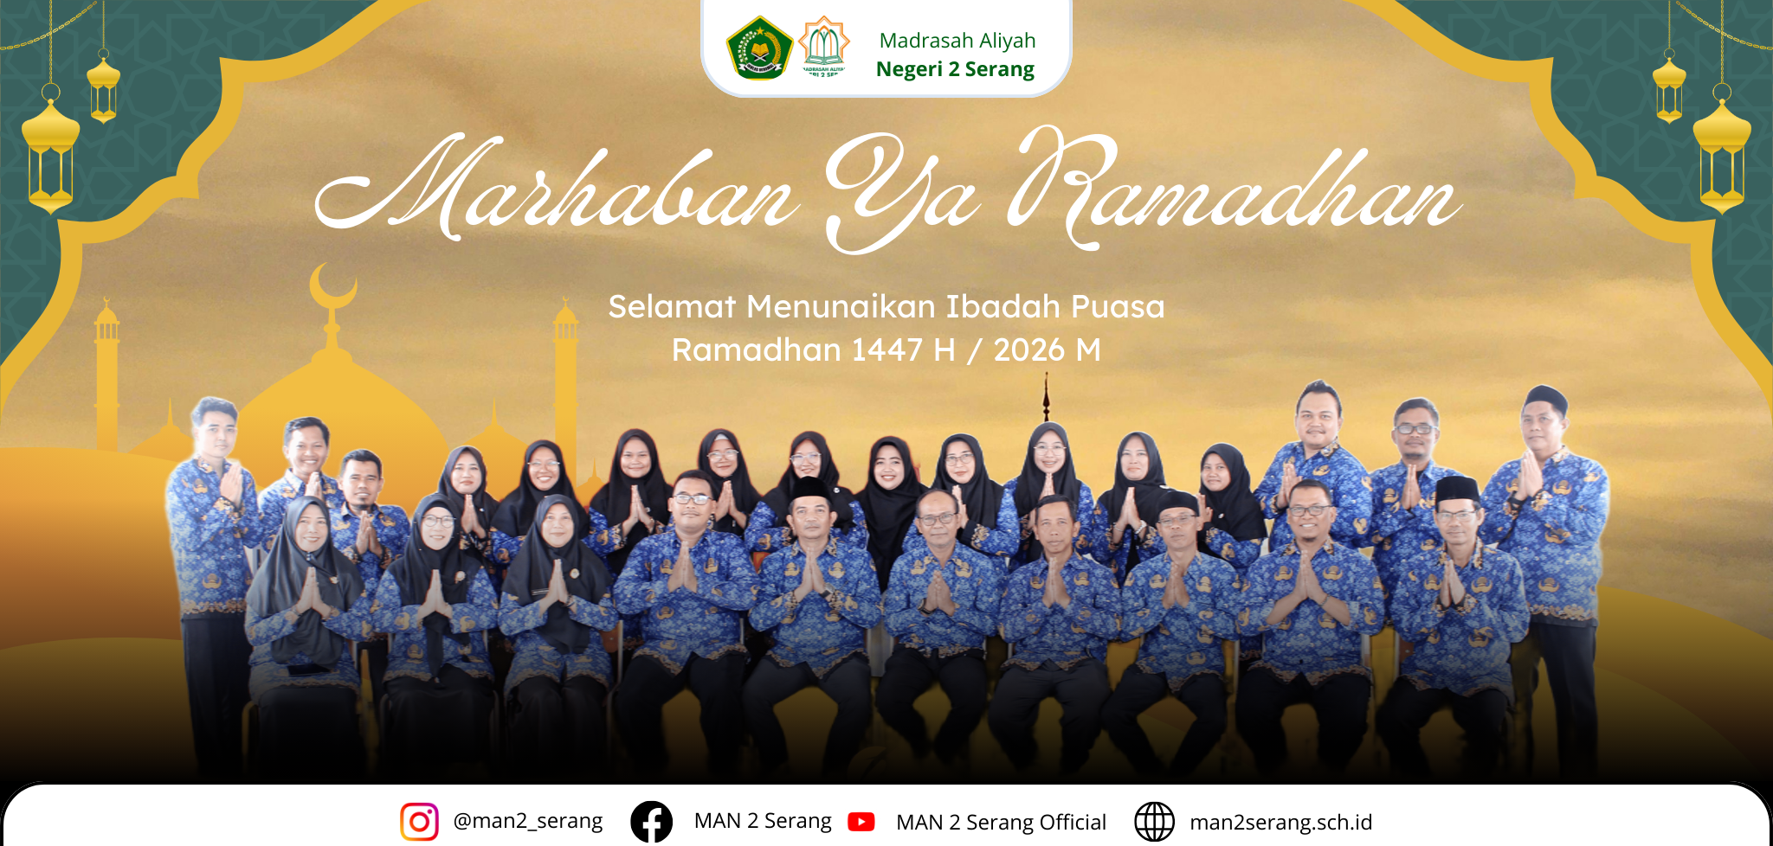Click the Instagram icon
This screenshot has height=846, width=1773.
(x=419, y=821)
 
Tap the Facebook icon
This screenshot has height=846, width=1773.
(x=651, y=821)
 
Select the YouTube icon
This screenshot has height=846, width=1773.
(x=861, y=822)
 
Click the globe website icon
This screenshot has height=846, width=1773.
(x=1154, y=822)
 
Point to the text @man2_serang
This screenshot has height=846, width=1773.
(x=527, y=821)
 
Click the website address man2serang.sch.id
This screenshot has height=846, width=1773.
(x=1280, y=822)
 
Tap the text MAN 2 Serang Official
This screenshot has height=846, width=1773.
(x=1001, y=822)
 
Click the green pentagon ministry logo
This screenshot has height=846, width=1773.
(x=759, y=48)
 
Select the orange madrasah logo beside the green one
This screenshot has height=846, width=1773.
(x=823, y=48)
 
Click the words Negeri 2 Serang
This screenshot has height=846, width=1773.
(x=955, y=69)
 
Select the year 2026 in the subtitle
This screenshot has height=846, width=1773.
(x=1028, y=350)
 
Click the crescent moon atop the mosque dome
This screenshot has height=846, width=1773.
(x=332, y=285)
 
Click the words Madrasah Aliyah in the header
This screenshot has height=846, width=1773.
(x=957, y=41)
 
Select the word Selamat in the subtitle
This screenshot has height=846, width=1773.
(x=672, y=307)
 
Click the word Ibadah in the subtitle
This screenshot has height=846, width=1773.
(x=1003, y=307)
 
